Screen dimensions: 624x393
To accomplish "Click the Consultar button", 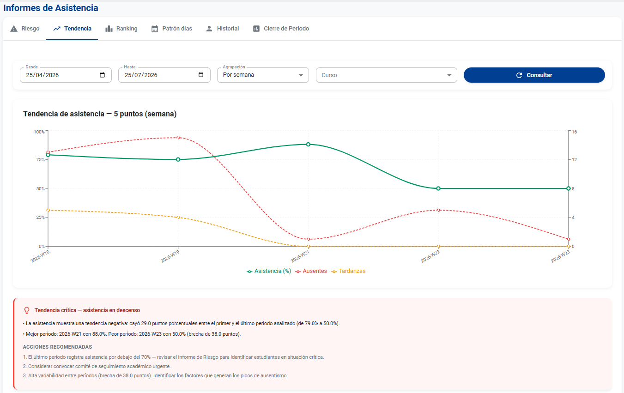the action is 534,75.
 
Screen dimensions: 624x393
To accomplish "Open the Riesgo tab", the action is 25,29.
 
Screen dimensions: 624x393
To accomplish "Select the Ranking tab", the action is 121,29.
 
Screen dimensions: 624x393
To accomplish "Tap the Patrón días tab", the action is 172,29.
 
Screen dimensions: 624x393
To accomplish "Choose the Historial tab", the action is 222,29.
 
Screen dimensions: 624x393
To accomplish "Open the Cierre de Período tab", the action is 281,29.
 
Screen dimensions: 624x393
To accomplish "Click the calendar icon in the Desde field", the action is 102,75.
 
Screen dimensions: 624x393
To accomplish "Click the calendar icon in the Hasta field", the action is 201,75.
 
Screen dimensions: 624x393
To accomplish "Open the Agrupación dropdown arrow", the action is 301,75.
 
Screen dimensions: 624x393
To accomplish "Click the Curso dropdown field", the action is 387,75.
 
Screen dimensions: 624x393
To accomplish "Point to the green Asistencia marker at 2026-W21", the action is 308,144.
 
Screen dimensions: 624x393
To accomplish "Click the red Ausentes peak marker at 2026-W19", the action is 178,138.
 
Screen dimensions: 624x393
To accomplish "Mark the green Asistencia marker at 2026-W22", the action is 438,188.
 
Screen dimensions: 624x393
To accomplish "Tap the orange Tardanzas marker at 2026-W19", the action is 178,217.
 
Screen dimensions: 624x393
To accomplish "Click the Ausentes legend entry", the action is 311,271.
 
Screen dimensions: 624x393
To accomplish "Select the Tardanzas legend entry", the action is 348,271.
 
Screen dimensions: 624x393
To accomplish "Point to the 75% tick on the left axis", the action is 40,160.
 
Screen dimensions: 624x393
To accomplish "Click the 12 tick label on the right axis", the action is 574,160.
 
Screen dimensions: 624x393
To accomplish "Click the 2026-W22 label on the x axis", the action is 430,256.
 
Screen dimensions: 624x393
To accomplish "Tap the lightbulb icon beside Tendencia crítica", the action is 27,310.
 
